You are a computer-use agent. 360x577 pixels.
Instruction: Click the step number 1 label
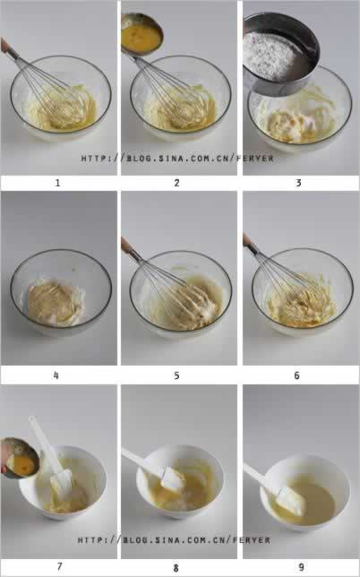(57, 183)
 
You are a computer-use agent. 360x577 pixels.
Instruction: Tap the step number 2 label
(177, 183)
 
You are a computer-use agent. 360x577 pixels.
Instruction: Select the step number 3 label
(298, 183)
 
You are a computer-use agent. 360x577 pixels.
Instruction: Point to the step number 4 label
(56, 375)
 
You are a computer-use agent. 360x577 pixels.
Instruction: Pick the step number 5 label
(177, 375)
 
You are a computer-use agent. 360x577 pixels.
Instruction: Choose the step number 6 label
(296, 375)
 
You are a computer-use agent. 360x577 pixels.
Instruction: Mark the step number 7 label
(60, 566)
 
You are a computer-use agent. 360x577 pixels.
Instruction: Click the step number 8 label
(176, 568)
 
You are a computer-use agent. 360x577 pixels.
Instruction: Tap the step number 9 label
(302, 567)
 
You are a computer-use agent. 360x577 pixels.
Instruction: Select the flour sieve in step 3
(280, 54)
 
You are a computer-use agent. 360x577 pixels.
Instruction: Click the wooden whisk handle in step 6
(249, 241)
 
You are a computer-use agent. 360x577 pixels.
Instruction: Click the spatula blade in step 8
(173, 479)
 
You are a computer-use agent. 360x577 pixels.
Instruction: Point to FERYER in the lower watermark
(252, 540)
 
